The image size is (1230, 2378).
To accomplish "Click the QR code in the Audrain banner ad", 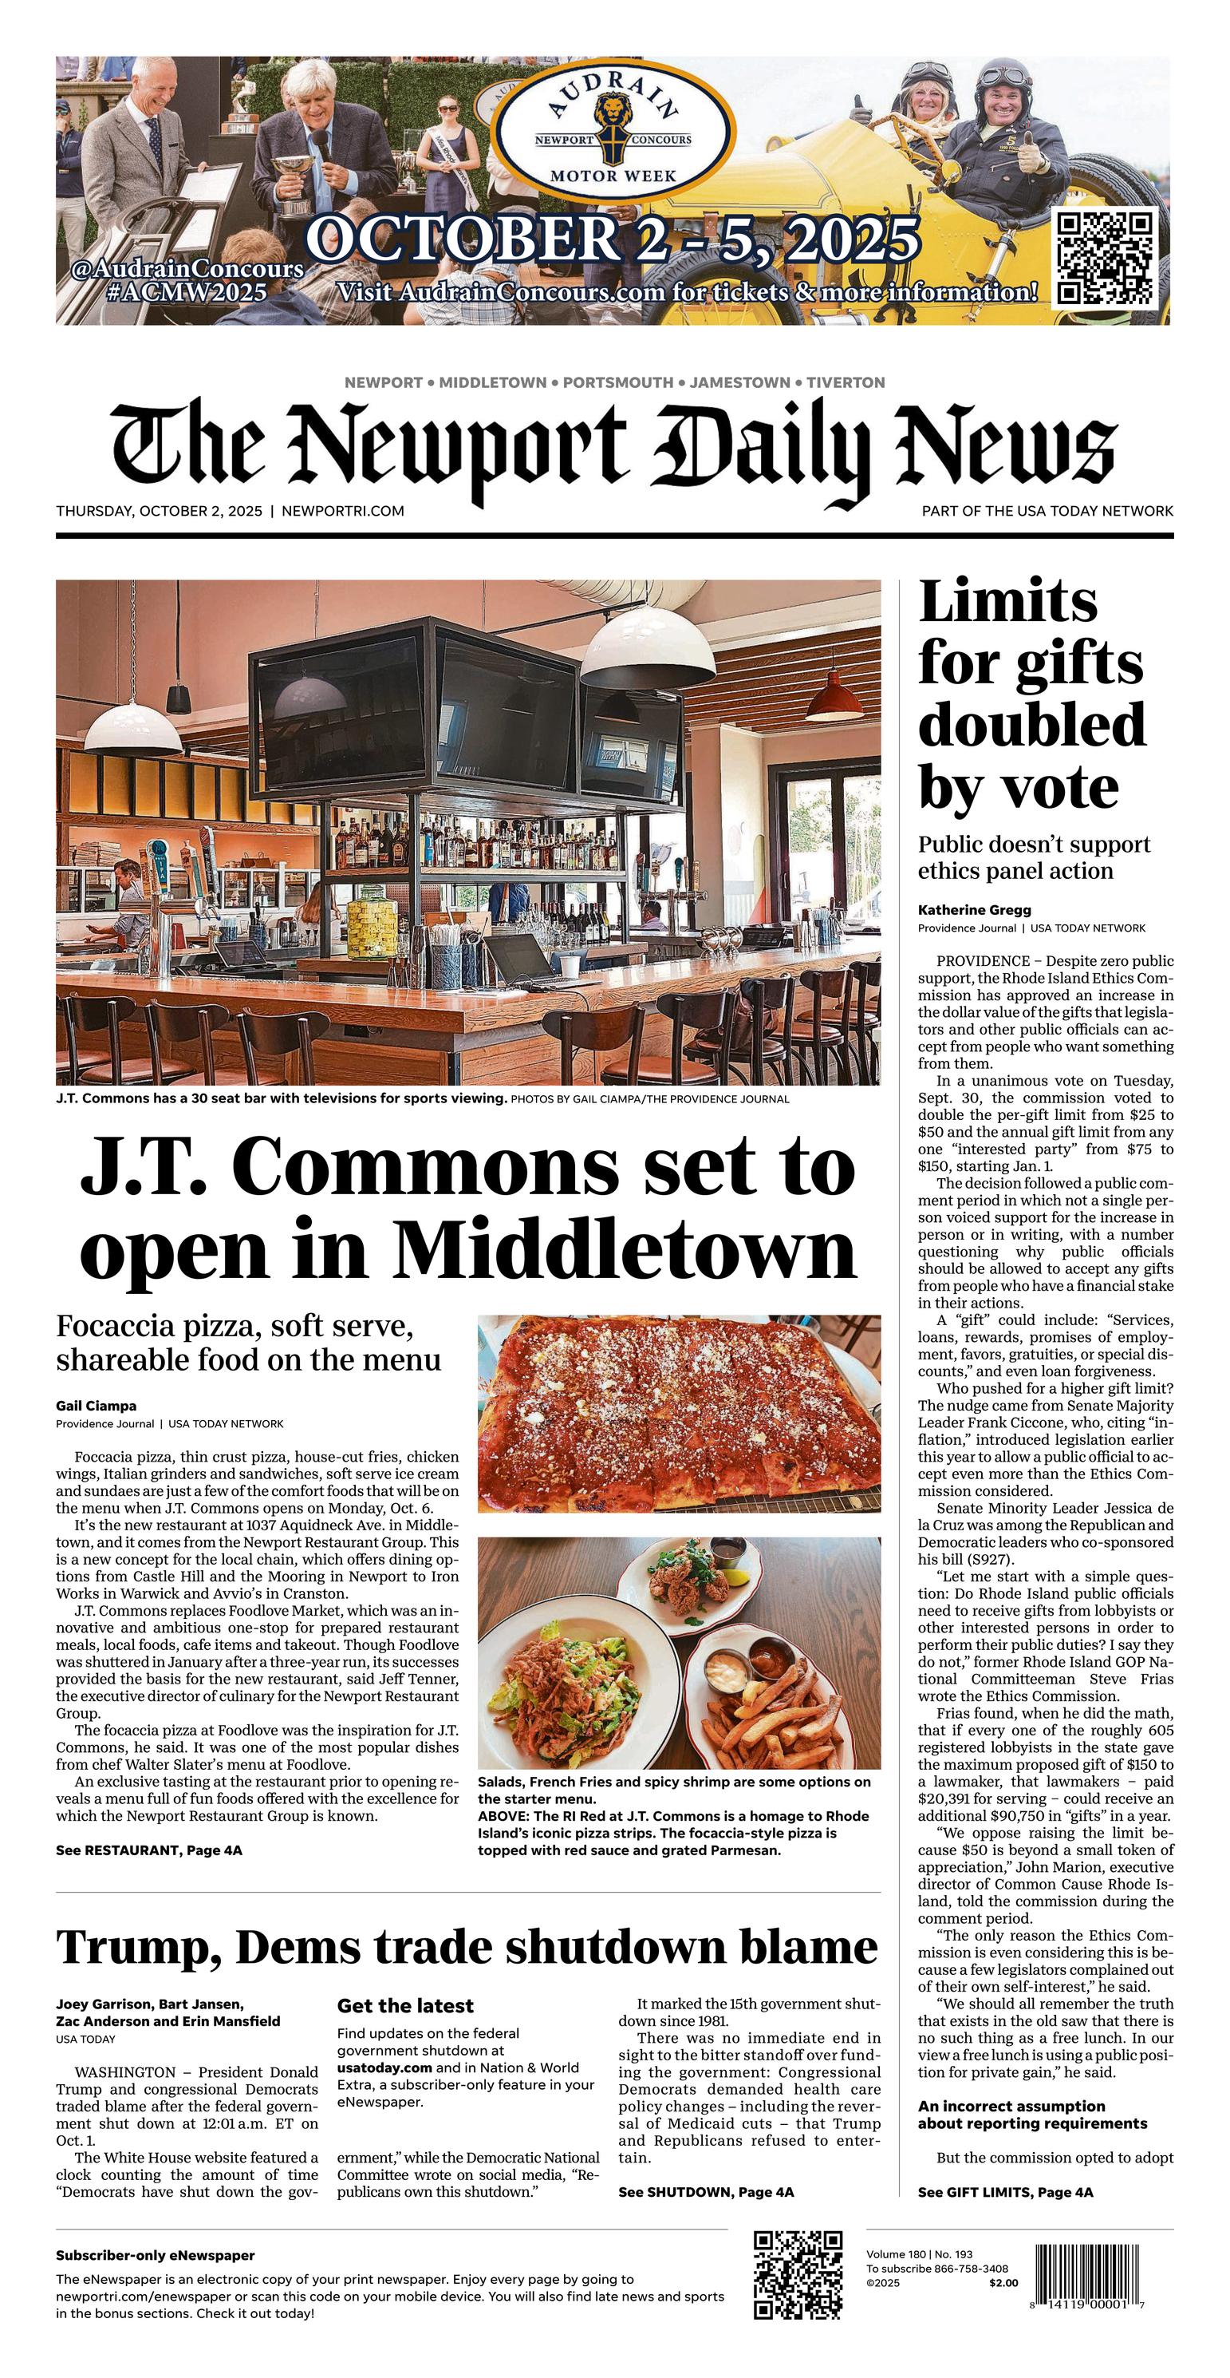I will [1105, 258].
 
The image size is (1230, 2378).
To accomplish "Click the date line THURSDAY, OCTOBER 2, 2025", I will [159, 511].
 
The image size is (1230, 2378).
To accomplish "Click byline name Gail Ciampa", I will [96, 1406].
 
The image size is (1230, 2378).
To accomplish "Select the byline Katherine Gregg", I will [975, 909].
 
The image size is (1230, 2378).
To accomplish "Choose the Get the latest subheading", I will [405, 2005].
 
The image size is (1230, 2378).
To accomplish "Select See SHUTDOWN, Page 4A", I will [706, 2191].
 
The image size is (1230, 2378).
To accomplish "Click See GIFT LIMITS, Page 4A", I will [1005, 2191].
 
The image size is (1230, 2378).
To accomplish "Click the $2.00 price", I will [1004, 2283].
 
